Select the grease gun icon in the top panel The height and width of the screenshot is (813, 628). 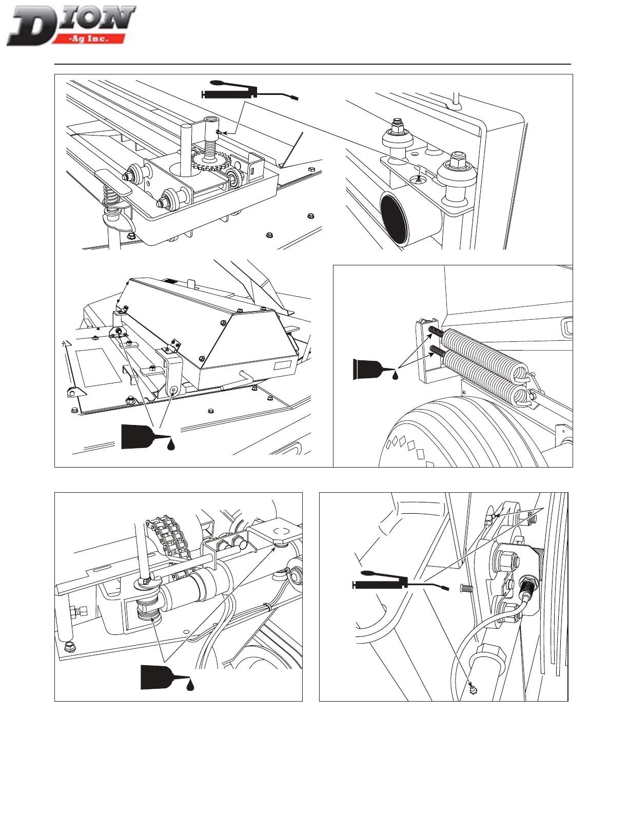pyautogui.click(x=249, y=91)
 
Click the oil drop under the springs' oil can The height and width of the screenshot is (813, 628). pyautogui.click(x=395, y=376)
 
